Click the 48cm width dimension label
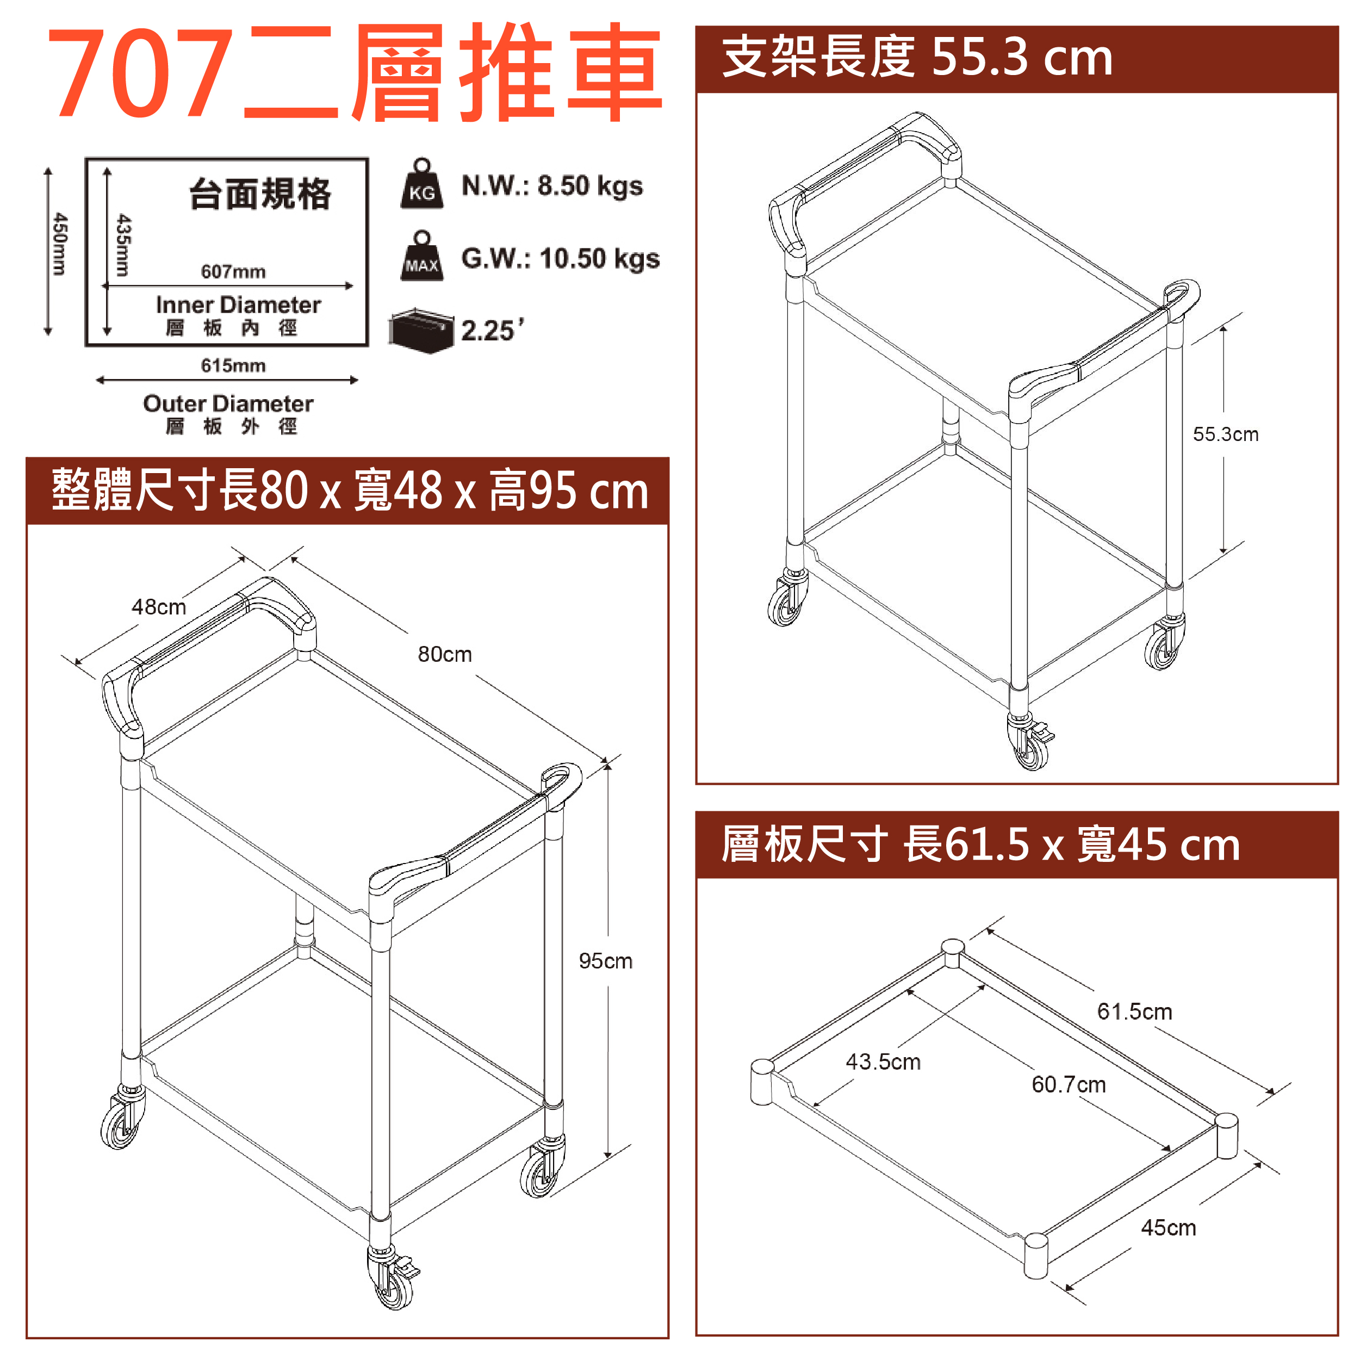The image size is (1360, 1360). tap(159, 607)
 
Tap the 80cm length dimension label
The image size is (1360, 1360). tap(445, 654)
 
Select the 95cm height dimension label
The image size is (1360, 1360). tap(605, 961)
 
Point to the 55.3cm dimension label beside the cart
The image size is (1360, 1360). tap(1226, 434)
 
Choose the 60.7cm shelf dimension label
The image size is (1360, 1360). tap(1069, 1084)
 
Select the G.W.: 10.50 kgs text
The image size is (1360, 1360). tap(560, 259)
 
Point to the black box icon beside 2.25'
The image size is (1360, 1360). tap(421, 330)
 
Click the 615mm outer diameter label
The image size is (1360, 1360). tap(233, 365)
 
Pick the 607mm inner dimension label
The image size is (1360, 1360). tap(233, 272)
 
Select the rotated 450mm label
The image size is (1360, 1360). tap(60, 244)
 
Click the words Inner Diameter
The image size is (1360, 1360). tap(239, 305)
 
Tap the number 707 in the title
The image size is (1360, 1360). tap(141, 73)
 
